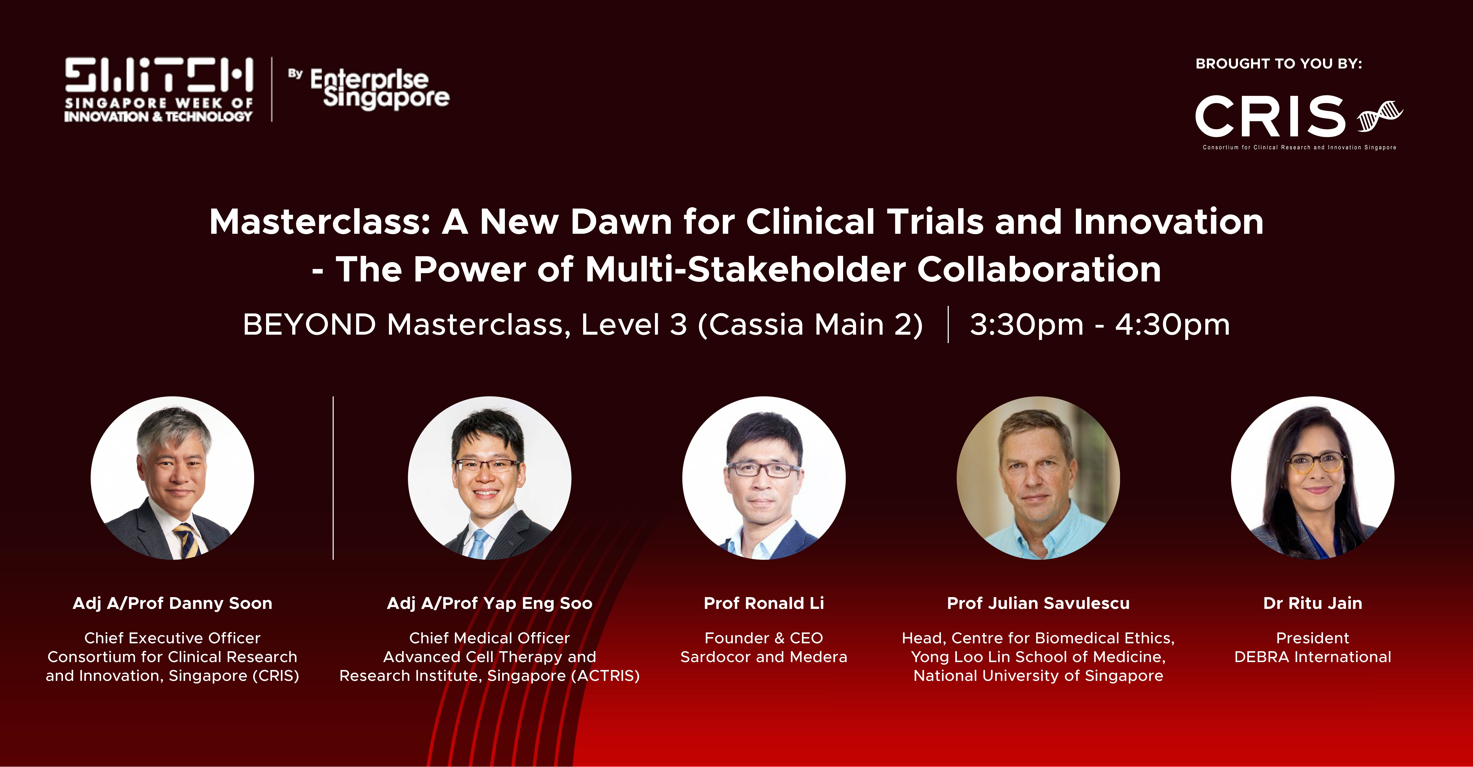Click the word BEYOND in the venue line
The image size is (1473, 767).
(309, 325)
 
